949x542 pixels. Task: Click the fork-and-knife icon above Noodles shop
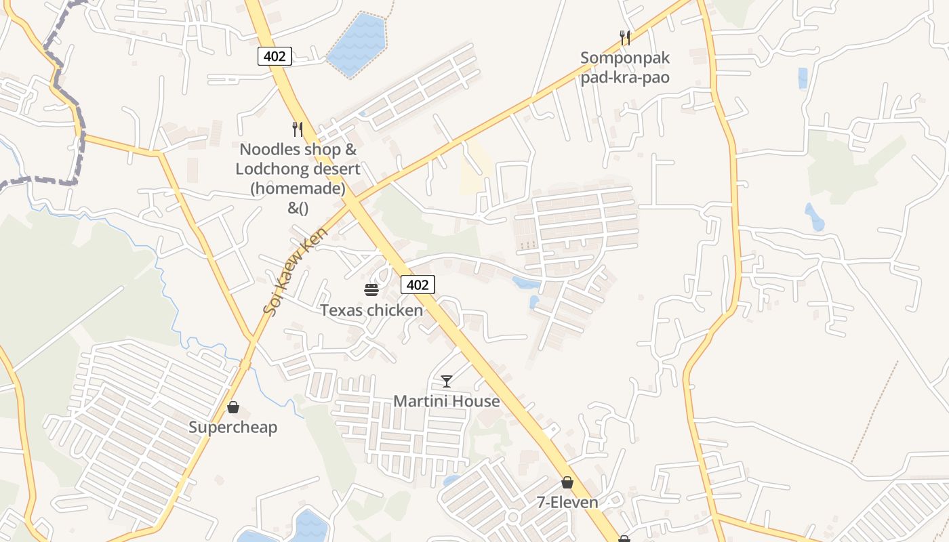(297, 129)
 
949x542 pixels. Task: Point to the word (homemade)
(298, 188)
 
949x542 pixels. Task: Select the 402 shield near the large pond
(275, 56)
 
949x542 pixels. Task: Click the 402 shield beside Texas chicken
(418, 285)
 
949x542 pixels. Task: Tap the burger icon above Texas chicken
(371, 290)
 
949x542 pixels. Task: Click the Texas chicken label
(371, 310)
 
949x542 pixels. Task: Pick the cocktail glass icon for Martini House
(446, 381)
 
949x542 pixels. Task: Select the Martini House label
(447, 401)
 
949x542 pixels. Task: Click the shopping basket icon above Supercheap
(233, 407)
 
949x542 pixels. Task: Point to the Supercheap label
(233, 428)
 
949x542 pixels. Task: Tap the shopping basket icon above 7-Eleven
(567, 482)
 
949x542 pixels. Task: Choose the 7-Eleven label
(567, 502)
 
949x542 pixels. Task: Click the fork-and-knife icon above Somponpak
(625, 38)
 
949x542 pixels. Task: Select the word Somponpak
(625, 58)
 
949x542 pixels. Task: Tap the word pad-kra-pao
(625, 77)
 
